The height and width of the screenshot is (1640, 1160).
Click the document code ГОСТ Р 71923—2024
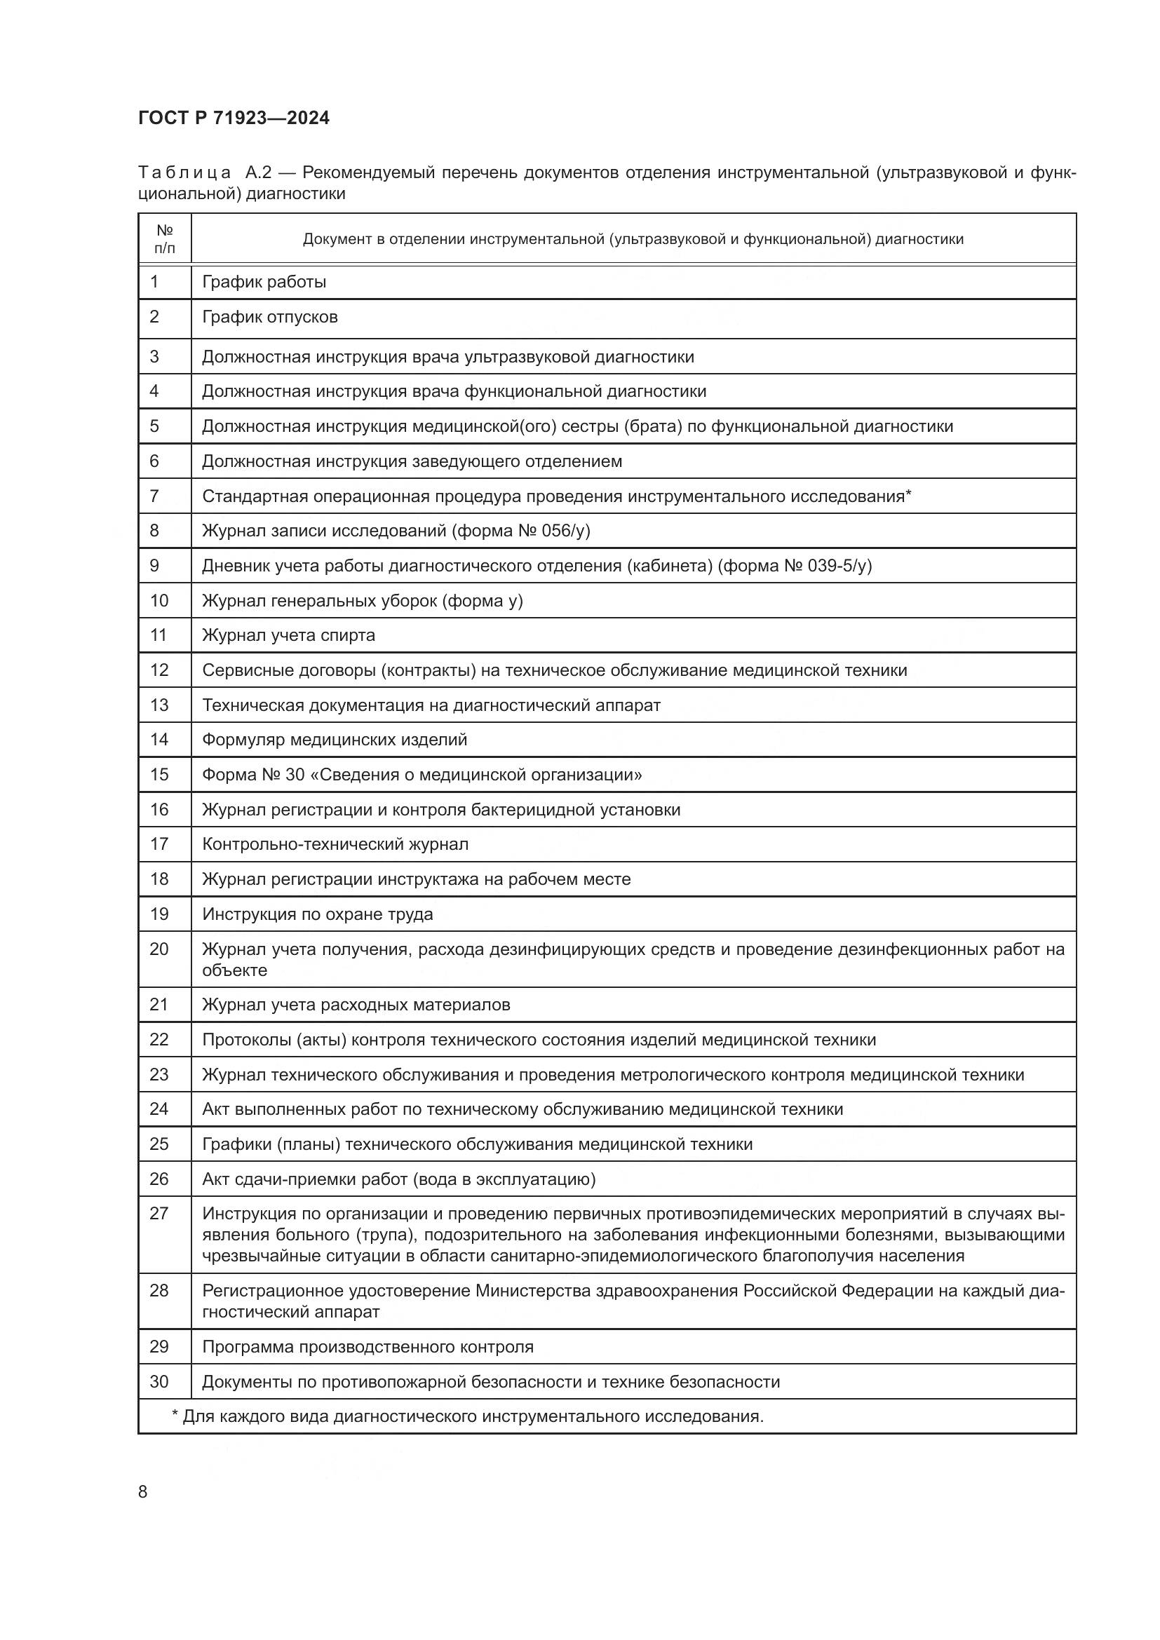(234, 118)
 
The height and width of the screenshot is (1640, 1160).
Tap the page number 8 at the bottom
(143, 1491)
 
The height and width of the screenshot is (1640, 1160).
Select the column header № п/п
(164, 239)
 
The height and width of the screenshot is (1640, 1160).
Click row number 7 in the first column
(154, 496)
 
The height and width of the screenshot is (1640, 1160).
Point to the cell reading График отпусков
(270, 316)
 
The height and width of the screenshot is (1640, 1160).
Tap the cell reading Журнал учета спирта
(288, 635)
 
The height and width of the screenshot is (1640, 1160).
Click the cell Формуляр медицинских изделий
(335, 739)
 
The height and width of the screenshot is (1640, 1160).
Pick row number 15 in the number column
(159, 774)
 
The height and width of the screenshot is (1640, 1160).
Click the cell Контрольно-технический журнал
(335, 844)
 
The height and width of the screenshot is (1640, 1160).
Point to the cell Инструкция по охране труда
(317, 914)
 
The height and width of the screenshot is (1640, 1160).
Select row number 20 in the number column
(159, 949)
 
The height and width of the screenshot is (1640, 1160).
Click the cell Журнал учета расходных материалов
(356, 1005)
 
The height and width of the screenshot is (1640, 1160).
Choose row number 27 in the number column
(159, 1214)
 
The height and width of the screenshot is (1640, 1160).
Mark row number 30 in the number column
(159, 1382)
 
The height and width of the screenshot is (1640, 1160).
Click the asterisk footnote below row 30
(468, 1416)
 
